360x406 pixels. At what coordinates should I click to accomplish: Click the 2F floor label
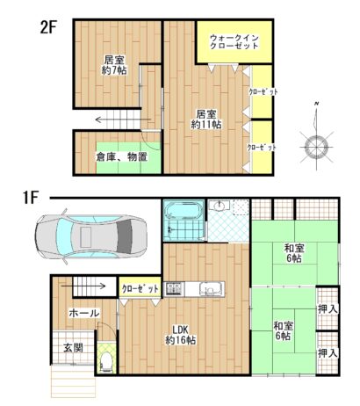click(x=48, y=27)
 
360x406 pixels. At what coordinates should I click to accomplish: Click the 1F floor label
click(x=31, y=198)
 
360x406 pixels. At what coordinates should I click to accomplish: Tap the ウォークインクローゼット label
click(x=234, y=42)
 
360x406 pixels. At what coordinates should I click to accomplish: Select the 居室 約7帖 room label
click(x=114, y=65)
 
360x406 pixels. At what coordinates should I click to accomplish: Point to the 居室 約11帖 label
click(x=206, y=120)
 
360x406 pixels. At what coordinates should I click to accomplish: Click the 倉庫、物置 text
click(x=122, y=157)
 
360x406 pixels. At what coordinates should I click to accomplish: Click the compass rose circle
click(x=316, y=146)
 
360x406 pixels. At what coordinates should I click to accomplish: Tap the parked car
click(x=91, y=236)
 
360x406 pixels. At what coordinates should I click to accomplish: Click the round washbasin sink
click(x=219, y=207)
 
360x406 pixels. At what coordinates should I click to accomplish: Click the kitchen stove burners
click(x=174, y=288)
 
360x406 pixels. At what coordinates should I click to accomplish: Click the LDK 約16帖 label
click(x=181, y=335)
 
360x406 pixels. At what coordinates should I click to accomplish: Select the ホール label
click(x=84, y=314)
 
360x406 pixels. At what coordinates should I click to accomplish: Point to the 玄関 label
click(x=74, y=348)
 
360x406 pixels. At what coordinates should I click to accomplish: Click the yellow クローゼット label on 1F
click(x=140, y=289)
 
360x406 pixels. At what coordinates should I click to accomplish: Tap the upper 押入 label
click(x=328, y=309)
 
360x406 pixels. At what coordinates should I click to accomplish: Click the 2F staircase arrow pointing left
click(x=123, y=120)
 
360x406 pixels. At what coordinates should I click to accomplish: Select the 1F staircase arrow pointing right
click(x=83, y=286)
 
